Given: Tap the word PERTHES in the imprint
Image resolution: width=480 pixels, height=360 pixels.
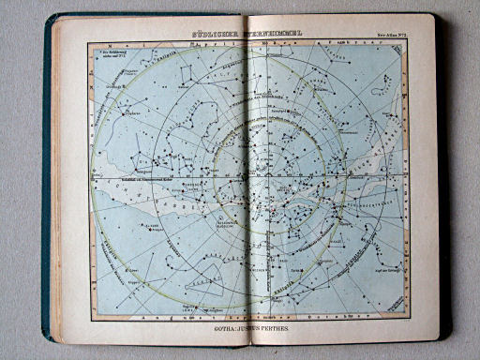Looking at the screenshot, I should point(286,330).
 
